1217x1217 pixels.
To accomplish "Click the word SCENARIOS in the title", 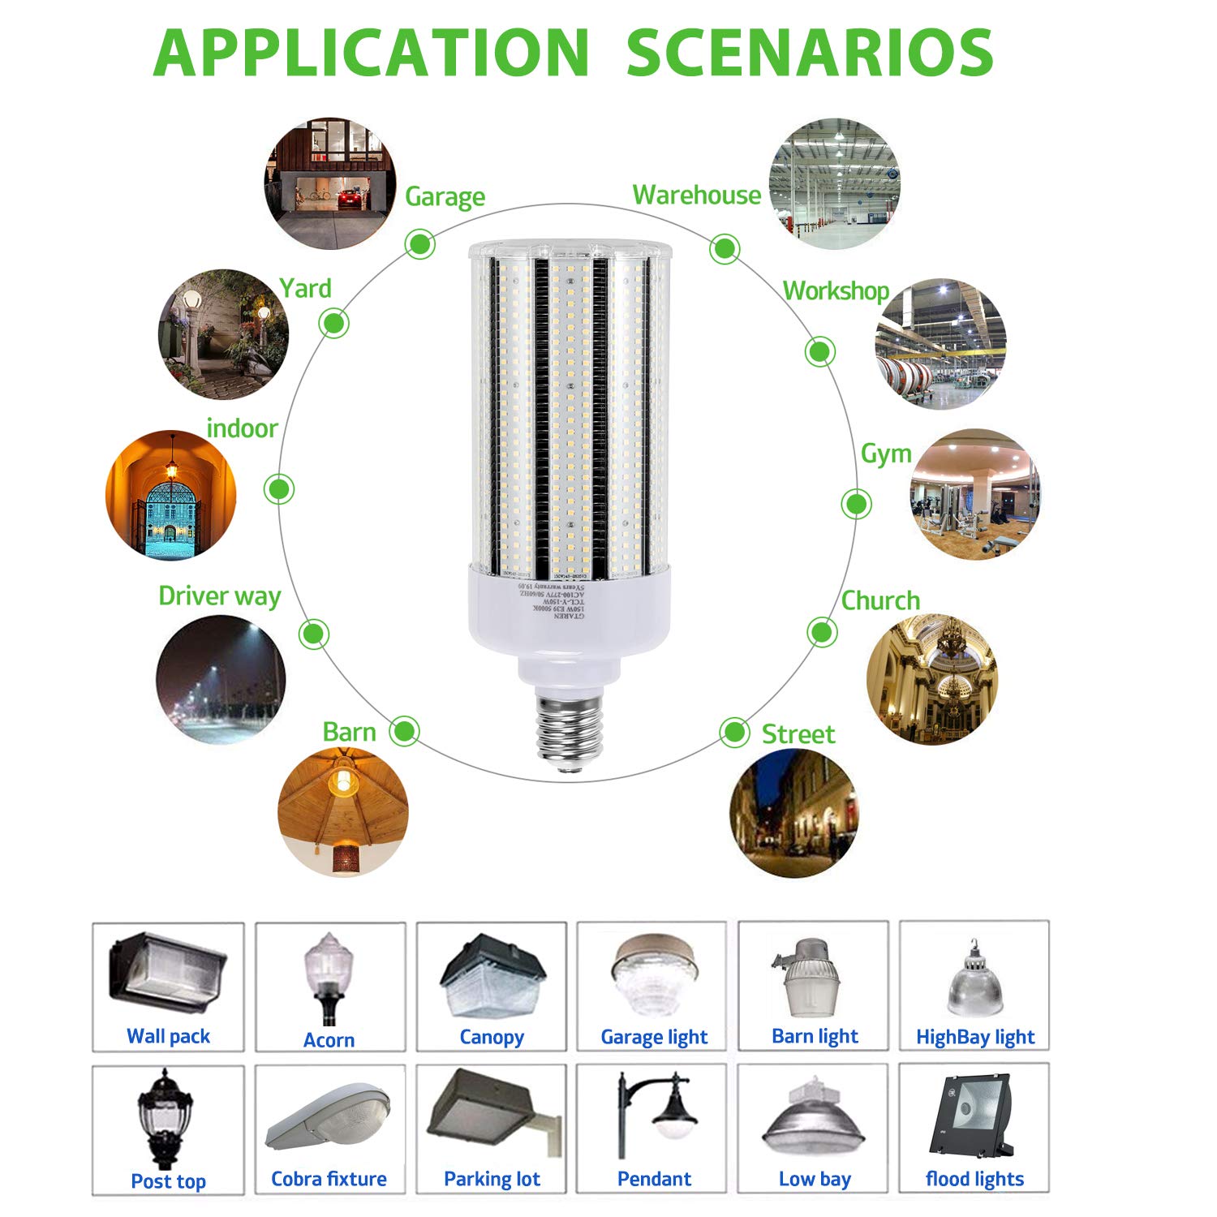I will [810, 54].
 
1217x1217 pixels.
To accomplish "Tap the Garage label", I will [445, 196].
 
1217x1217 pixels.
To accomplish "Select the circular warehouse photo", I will [834, 183].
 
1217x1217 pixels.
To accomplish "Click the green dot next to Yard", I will [333, 323].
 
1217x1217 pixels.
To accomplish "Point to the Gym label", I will [886, 454].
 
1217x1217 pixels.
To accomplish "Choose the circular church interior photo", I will [931, 678].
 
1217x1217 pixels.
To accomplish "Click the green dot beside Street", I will [734, 733].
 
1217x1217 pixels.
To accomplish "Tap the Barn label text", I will [349, 732].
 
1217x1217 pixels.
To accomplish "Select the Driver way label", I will [219, 596].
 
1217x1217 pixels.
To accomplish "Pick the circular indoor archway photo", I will [170, 494].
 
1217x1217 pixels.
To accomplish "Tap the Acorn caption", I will [329, 1040].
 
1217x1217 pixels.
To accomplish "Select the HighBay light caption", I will [974, 1037].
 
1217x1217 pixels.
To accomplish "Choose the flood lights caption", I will [974, 1179].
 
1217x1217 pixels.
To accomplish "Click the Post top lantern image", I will [166, 1117].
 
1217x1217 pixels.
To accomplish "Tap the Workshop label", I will [836, 290].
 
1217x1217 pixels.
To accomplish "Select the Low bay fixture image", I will [813, 1119].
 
